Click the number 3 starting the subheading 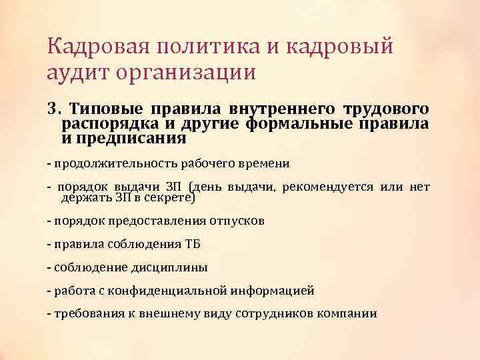pyautogui.click(x=53, y=108)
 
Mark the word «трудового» pyautogui.click(x=386, y=108)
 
